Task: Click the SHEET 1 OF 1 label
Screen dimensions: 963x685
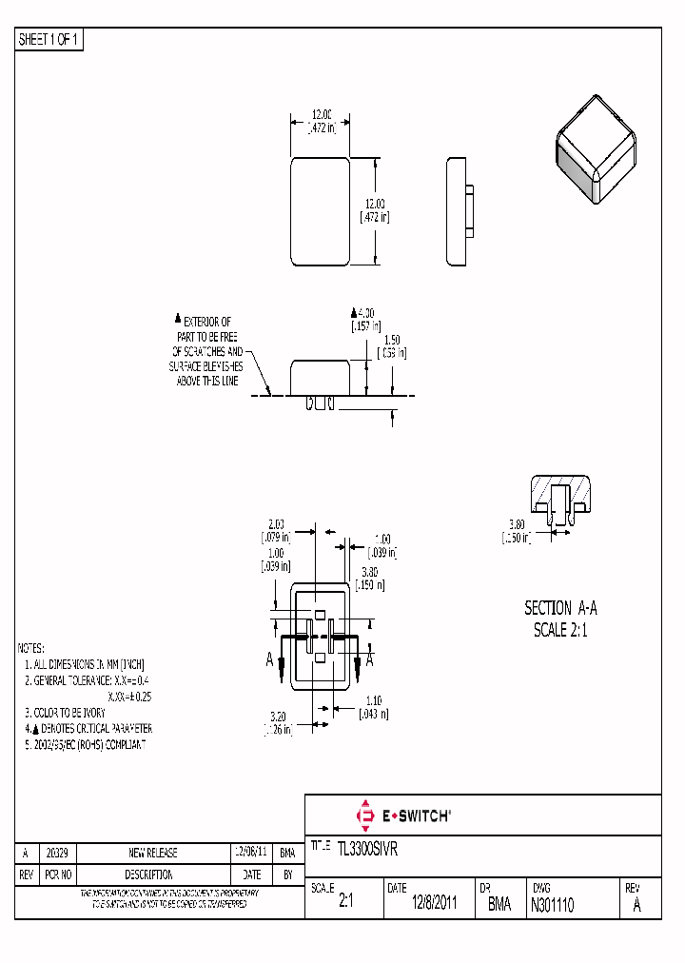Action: pyautogui.click(x=50, y=40)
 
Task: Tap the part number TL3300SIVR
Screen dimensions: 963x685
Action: pyautogui.click(x=373, y=845)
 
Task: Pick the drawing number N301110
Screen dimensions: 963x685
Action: pyautogui.click(x=553, y=905)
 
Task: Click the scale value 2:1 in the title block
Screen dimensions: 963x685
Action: pyautogui.click(x=345, y=905)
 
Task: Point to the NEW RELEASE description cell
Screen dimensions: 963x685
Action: pyautogui.click(x=152, y=854)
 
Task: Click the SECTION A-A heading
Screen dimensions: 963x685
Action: pyautogui.click(x=560, y=608)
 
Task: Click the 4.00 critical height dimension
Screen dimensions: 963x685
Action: pyautogui.click(x=365, y=312)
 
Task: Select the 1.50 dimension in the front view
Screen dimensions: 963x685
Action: pyautogui.click(x=391, y=340)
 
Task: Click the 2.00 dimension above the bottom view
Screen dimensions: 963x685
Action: pyautogui.click(x=277, y=524)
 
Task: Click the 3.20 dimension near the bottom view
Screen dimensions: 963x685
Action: pyautogui.click(x=277, y=716)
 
